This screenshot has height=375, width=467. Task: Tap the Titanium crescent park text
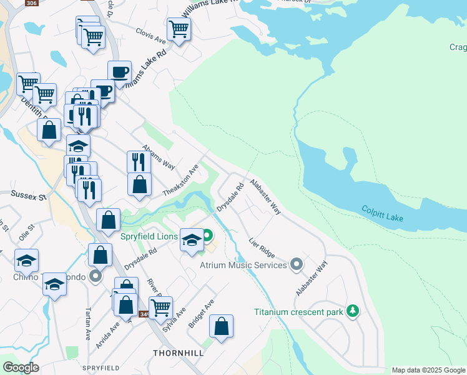coord(299,311)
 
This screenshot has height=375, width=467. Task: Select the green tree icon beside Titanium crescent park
coord(353,311)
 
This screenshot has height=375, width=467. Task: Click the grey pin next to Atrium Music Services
coord(297,265)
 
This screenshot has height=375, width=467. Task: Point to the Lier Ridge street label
coord(262,248)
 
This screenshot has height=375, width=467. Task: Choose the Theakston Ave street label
coord(180,179)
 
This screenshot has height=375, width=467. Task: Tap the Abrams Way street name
coord(159,157)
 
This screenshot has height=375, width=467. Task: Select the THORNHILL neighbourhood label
coord(178,353)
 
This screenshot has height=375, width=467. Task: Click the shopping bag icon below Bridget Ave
coord(221,326)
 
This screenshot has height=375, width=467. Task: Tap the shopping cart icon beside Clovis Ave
coord(179,28)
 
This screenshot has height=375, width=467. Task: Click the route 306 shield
coord(31,3)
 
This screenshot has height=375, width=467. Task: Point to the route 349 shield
coord(144,314)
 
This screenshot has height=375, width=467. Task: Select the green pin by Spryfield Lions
coord(208,236)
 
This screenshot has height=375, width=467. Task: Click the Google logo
coord(21,367)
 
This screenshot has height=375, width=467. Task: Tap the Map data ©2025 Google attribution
coord(428,370)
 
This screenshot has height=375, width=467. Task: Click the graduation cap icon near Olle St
coord(26,260)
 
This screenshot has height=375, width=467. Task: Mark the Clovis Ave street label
coord(152,35)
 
